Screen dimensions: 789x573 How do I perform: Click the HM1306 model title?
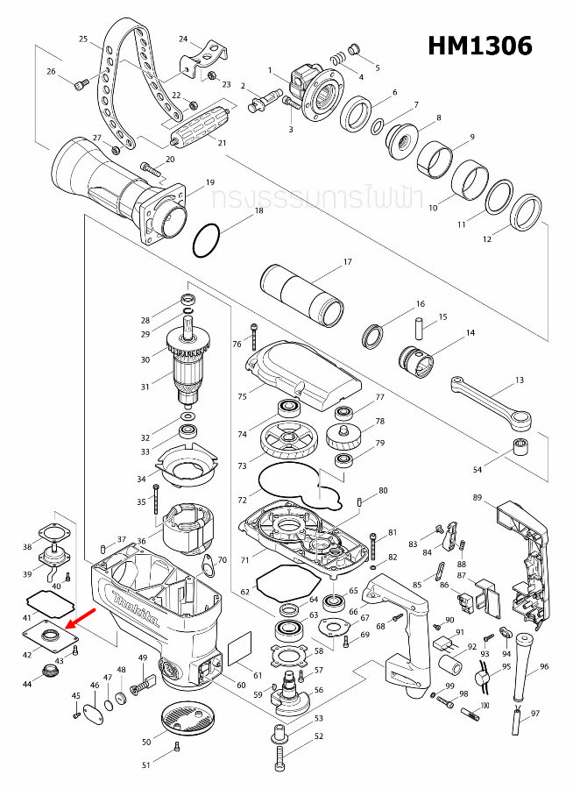click(479, 46)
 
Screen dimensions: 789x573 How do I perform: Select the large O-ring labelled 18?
click(209, 240)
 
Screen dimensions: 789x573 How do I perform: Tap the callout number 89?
click(477, 498)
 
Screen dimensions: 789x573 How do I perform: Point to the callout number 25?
click(83, 39)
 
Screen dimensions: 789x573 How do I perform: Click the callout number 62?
click(244, 592)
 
